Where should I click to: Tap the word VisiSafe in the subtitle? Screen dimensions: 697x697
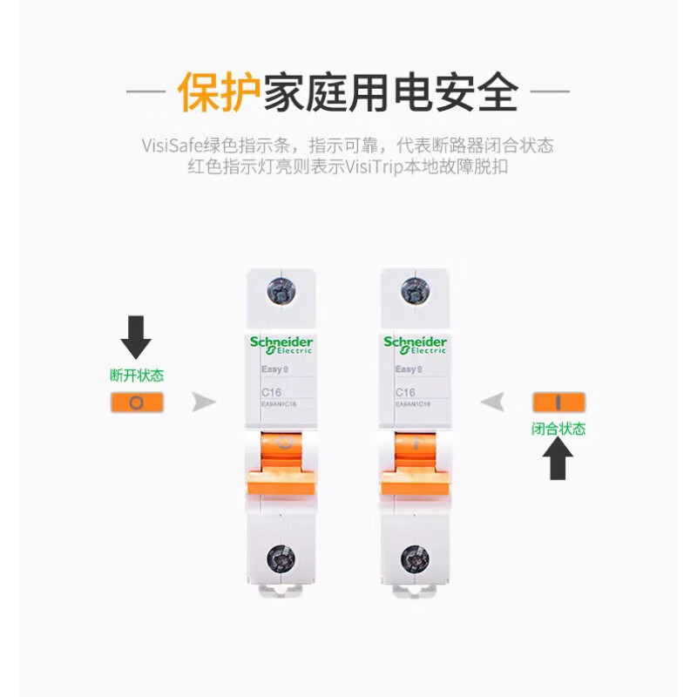point(173,145)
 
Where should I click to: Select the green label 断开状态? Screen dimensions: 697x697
point(137,376)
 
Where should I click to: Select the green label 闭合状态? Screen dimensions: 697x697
point(558,429)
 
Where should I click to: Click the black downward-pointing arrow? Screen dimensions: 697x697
point(136,336)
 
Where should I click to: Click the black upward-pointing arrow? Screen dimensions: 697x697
point(558,460)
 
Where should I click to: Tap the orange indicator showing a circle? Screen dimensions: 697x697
point(137,403)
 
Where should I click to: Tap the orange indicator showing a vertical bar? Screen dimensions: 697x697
point(558,402)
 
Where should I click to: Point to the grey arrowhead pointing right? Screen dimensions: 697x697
point(204,402)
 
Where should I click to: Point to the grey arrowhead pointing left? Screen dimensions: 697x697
point(492,402)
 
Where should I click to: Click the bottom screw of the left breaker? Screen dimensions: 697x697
point(281,558)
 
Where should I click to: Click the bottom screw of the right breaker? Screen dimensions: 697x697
point(415,558)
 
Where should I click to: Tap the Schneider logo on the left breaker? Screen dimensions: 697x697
point(281,344)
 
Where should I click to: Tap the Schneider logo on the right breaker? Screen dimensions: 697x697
point(415,344)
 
